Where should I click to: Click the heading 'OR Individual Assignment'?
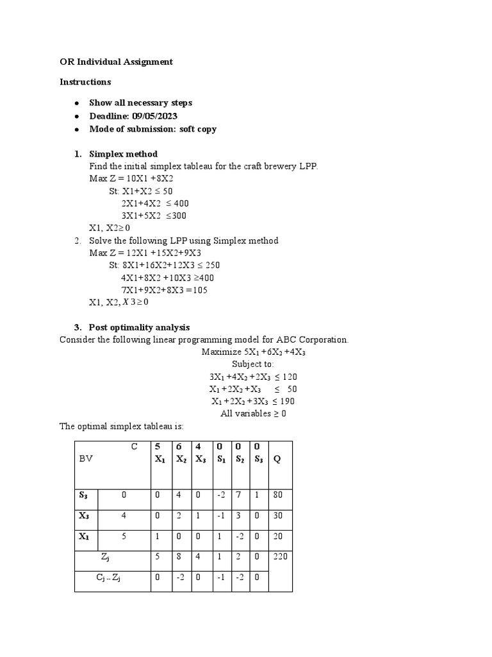coord(116,62)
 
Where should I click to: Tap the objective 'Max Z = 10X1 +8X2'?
coord(131,178)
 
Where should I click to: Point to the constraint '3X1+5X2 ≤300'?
coord(154,216)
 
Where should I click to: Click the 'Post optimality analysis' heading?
coord(139,327)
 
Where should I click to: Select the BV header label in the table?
coord(85,459)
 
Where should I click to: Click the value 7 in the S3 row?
coord(236,495)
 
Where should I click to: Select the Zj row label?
coord(106,558)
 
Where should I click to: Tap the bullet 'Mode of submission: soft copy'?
coord(152,129)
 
